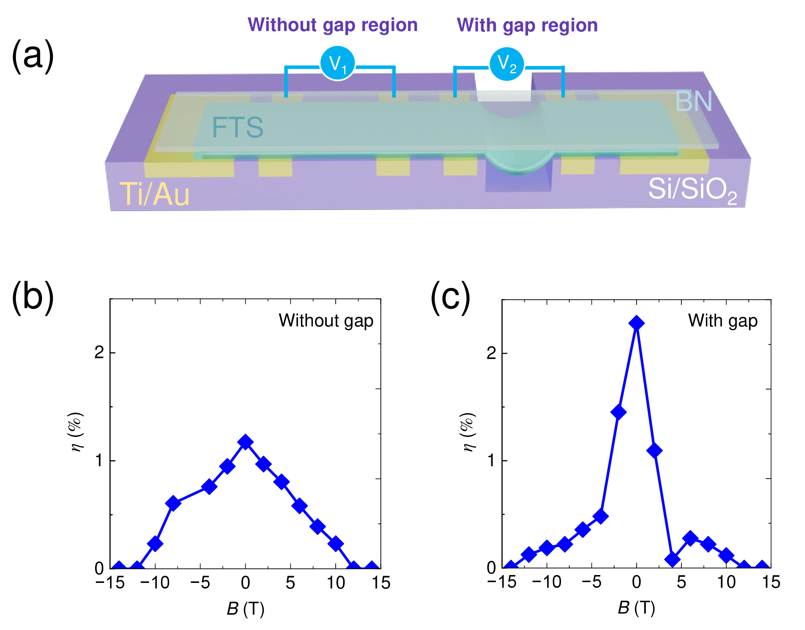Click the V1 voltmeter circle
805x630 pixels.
coord(337,63)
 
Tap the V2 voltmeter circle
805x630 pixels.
coord(507,64)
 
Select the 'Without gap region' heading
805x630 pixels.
coord(332,25)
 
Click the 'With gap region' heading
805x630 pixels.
coord(527,25)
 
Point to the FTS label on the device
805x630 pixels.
coord(238,127)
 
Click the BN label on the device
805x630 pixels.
coord(693,101)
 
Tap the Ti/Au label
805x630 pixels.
coord(155,194)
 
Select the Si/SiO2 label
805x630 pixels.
coord(692,190)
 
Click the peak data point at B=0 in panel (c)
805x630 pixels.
coord(637,323)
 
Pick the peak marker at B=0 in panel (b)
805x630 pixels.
coord(246,442)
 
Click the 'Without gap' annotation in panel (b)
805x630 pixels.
coord(326,321)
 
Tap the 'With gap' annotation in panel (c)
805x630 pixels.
coord(723,321)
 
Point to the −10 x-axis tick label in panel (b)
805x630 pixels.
coord(155,583)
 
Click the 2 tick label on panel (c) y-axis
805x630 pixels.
coord(491,353)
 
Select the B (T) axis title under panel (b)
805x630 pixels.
coord(246,609)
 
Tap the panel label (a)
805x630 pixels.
coord(33,56)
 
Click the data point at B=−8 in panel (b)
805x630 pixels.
coord(173,503)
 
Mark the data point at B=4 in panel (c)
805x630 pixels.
coord(673,559)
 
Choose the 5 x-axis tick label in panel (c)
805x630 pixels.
coord(681,582)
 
